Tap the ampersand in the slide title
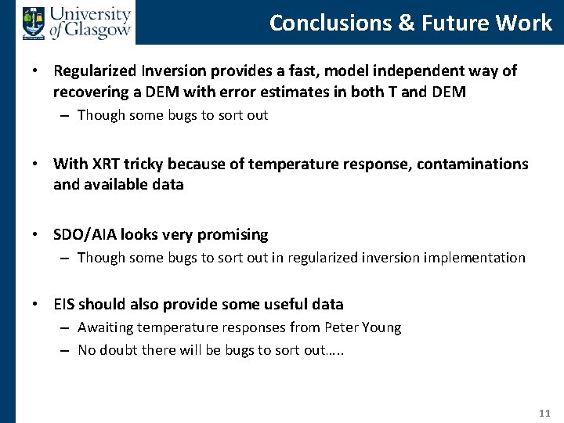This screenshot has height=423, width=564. tap(406, 23)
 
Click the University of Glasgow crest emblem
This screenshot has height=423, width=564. tap(34, 23)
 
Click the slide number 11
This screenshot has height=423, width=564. tap(545, 413)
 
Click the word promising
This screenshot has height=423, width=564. tap(233, 234)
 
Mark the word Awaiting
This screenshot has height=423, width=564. tap(105, 327)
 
